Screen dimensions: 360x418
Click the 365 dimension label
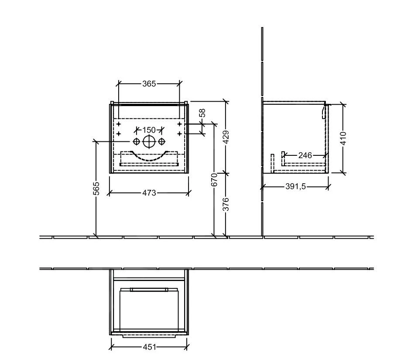tap(149, 83)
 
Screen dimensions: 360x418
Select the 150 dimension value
tap(149, 130)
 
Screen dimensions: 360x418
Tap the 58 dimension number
tap(202, 113)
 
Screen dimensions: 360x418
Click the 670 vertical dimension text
tap(214, 179)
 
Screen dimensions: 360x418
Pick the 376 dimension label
tap(226, 204)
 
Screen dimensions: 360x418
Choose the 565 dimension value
tap(96, 189)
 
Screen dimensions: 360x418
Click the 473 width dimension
tap(149, 192)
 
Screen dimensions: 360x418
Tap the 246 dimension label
tap(305, 155)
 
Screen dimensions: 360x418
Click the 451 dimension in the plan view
tap(149, 347)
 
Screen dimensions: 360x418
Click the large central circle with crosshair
tap(149, 141)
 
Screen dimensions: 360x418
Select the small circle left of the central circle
tap(136, 141)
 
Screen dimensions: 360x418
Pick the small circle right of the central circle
tap(161, 141)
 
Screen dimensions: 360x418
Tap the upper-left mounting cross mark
tap(118, 124)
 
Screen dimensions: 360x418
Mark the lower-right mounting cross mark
tap(179, 133)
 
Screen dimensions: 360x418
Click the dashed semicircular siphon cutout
tap(149, 157)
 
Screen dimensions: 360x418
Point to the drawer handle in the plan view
tap(149, 289)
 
